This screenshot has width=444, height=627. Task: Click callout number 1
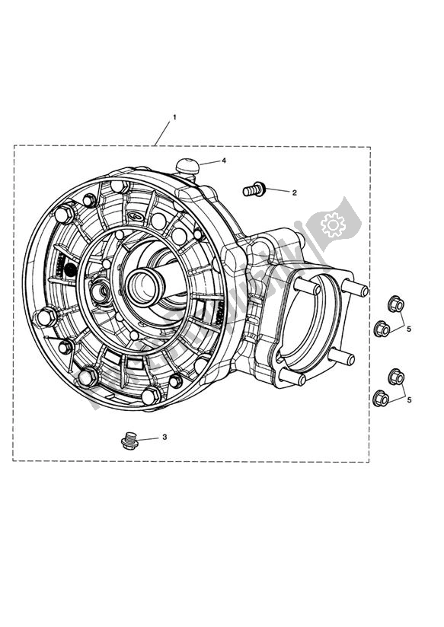point(174,117)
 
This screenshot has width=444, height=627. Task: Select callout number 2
point(294,193)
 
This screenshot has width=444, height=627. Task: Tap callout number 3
point(165,437)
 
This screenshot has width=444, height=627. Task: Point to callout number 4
point(224,161)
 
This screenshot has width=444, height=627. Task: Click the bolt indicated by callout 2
point(254,189)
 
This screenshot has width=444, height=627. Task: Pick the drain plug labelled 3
point(129,441)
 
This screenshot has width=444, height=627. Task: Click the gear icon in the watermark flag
point(333,224)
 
